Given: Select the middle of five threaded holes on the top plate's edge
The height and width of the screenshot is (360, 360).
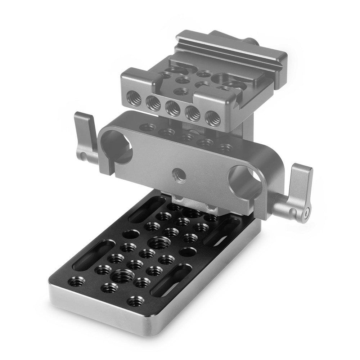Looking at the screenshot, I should [x=173, y=108].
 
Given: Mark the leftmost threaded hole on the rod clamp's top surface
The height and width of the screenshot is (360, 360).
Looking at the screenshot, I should [x=147, y=127].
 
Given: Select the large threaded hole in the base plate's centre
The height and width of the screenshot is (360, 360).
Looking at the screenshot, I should [x=159, y=244].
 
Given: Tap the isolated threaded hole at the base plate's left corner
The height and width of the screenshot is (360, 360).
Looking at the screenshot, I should [x=77, y=281].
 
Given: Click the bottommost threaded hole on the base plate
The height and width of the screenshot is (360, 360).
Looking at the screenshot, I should [x=136, y=301].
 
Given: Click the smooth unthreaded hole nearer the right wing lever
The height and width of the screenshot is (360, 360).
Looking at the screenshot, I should [x=188, y=252].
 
